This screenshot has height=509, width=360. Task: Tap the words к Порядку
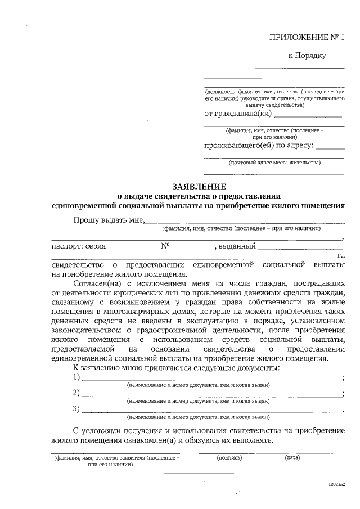(x=307, y=55)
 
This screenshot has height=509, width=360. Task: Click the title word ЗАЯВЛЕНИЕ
(x=198, y=186)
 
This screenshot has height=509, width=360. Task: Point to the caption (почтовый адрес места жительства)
(x=275, y=163)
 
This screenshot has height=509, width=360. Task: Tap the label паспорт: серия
(x=78, y=246)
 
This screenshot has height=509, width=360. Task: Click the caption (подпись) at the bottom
(x=229, y=458)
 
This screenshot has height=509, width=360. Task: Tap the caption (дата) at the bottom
(x=292, y=458)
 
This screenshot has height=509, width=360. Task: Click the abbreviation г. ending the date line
(x=341, y=255)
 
